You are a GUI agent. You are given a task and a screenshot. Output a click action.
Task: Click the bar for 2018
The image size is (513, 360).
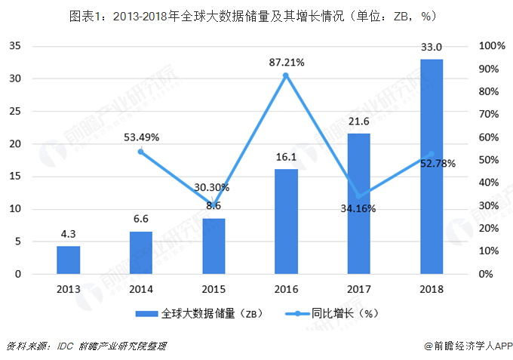[x=432, y=166]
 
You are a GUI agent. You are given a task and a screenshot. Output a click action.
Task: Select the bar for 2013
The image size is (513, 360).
[x=68, y=260]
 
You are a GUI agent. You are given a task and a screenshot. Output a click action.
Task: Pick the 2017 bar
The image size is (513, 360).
[x=358, y=203]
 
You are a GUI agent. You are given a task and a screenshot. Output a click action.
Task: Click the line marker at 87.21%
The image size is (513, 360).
[x=286, y=75]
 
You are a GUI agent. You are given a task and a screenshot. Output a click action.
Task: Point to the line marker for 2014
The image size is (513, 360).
[x=140, y=152]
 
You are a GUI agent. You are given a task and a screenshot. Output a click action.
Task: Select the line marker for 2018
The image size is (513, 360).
[x=432, y=154]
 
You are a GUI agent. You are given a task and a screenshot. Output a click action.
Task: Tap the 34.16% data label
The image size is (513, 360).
[x=357, y=209]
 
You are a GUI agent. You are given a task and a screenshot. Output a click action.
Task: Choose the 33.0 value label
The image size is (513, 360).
[x=432, y=48]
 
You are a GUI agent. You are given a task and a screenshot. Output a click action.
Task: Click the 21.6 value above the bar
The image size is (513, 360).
[x=358, y=122]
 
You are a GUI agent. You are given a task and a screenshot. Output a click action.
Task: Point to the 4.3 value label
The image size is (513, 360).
[x=68, y=235]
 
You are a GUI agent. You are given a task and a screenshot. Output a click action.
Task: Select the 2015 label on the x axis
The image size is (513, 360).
[x=213, y=290]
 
